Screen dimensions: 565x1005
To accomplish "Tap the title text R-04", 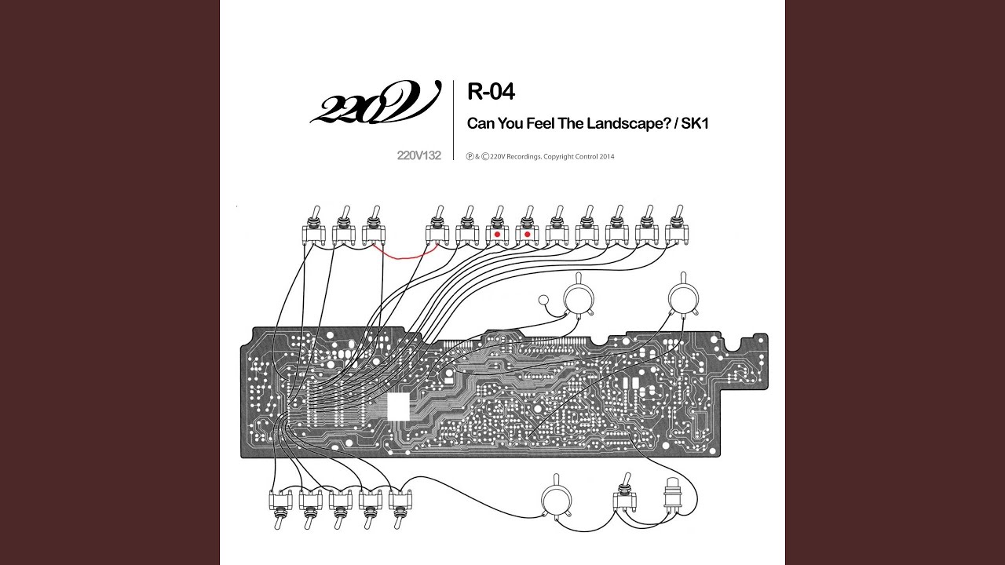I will click(x=491, y=92).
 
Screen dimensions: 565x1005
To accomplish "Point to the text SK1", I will click(x=693, y=123).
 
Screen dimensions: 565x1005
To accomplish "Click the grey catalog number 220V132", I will click(x=419, y=155).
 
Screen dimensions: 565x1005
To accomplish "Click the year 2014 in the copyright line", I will click(x=606, y=156).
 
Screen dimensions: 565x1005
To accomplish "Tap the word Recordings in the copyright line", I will click(x=526, y=156).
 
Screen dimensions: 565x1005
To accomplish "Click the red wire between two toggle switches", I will click(x=409, y=252).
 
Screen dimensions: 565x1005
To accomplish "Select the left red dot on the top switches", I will click(x=497, y=234).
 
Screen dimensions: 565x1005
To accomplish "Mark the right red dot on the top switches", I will click(x=527, y=234).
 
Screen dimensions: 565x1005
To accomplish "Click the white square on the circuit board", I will click(x=399, y=406).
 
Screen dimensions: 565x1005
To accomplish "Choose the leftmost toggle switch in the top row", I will click(x=313, y=229).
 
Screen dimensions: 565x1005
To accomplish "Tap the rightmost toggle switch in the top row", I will click(x=676, y=229).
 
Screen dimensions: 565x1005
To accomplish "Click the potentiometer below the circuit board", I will click(x=557, y=498).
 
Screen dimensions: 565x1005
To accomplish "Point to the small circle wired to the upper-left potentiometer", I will click(x=543, y=301).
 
